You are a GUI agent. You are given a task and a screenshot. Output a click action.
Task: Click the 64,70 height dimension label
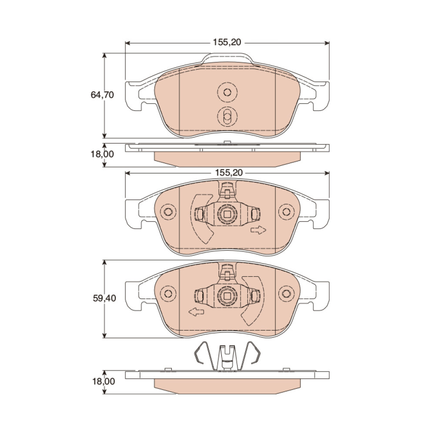pyautogui.click(x=102, y=95)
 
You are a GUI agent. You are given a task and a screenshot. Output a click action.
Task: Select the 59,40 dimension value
pyautogui.click(x=104, y=298)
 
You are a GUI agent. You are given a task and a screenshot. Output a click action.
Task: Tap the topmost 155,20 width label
pyautogui.click(x=227, y=42)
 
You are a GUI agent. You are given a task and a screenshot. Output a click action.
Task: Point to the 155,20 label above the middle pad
pyautogui.click(x=229, y=173)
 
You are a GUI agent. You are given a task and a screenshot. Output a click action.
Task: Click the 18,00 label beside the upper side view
pyautogui.click(x=102, y=154)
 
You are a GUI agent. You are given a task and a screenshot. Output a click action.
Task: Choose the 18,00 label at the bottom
pyautogui.click(x=104, y=381)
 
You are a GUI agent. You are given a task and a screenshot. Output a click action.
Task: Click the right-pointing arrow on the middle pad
pyautogui.click(x=258, y=230)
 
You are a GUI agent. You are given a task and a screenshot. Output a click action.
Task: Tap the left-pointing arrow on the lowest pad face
pyautogui.click(x=196, y=312)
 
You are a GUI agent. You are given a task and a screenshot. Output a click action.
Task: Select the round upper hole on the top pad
pyautogui.click(x=227, y=92)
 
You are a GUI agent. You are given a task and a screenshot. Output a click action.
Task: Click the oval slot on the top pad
pyautogui.click(x=227, y=116)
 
